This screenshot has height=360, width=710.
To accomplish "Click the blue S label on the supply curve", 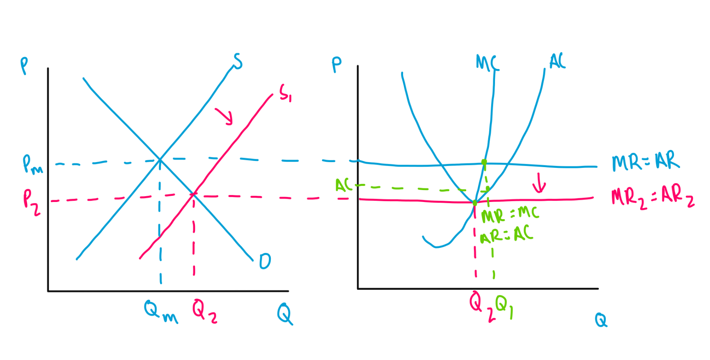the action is (x=238, y=62).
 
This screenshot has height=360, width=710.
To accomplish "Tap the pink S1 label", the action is (x=285, y=93).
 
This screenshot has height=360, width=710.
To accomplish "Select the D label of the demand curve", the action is (x=265, y=261).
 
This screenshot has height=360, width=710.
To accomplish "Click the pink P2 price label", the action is (x=32, y=202).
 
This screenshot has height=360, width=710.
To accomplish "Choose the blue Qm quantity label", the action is (x=160, y=312).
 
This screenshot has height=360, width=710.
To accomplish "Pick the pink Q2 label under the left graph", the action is (x=204, y=312).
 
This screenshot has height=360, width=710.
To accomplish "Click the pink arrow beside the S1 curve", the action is (x=224, y=116).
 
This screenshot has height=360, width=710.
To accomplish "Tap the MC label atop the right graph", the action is (x=487, y=63).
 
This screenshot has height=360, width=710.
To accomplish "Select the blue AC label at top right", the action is (x=557, y=62).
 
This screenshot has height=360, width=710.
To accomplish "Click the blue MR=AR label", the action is (x=645, y=161).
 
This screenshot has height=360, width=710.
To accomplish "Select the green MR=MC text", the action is (x=509, y=214).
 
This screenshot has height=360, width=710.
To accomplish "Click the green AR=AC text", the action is (x=506, y=235).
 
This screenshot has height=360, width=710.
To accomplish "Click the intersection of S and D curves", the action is (x=160, y=159).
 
